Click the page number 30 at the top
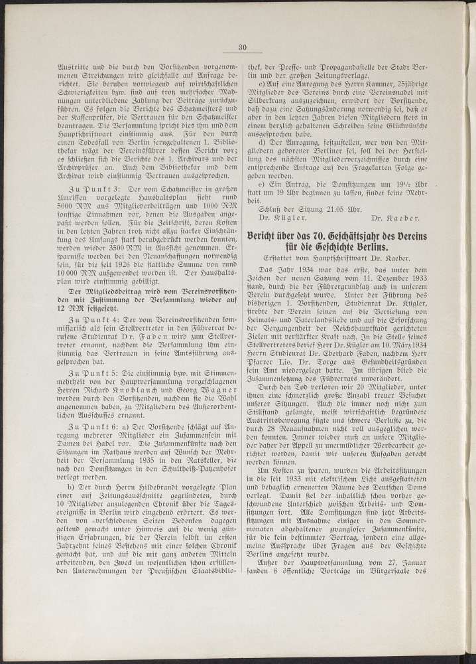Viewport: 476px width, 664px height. pyautogui.click(x=243, y=46)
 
